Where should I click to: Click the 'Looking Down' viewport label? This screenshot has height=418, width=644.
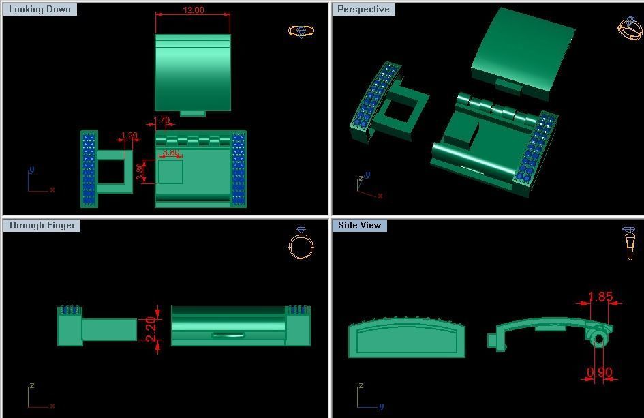(40, 10)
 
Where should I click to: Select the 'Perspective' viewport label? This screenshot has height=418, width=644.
(363, 10)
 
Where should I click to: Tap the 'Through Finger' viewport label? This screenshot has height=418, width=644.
(42, 225)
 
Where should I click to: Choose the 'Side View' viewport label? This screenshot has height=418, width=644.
(359, 225)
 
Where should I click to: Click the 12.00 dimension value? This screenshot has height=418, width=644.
(193, 10)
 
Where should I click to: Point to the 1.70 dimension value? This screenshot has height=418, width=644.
(162, 121)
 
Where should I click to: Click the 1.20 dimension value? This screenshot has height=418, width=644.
(129, 136)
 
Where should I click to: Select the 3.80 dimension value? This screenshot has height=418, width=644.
(170, 153)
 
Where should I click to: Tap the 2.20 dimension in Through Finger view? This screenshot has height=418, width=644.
(151, 325)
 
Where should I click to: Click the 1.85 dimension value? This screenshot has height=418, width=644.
(600, 297)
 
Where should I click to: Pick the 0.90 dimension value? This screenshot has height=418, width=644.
(600, 372)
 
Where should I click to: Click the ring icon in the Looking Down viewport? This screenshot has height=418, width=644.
(301, 31)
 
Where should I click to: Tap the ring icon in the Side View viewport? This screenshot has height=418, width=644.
(629, 243)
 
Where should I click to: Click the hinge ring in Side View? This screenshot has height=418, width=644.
(599, 339)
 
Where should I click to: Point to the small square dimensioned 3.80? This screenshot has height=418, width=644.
(170, 171)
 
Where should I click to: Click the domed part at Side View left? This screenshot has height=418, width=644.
(406, 339)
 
